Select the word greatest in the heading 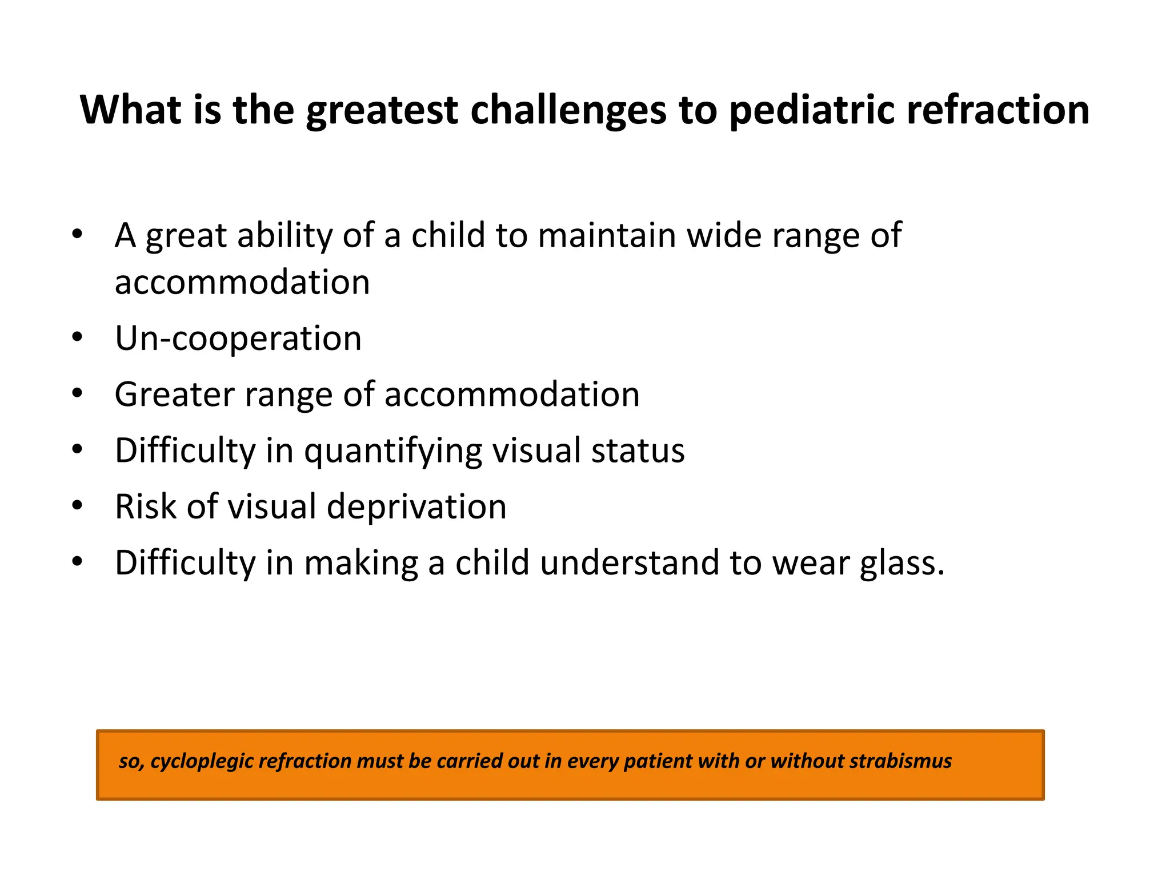pos(382,110)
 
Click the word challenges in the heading pos(568,110)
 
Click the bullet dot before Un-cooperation pos(78,337)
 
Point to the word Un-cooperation pos(238,338)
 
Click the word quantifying pos(393,451)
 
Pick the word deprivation pos(416,506)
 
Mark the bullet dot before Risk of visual pos(78,505)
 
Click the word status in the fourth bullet pos(638,450)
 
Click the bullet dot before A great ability pos(78,234)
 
